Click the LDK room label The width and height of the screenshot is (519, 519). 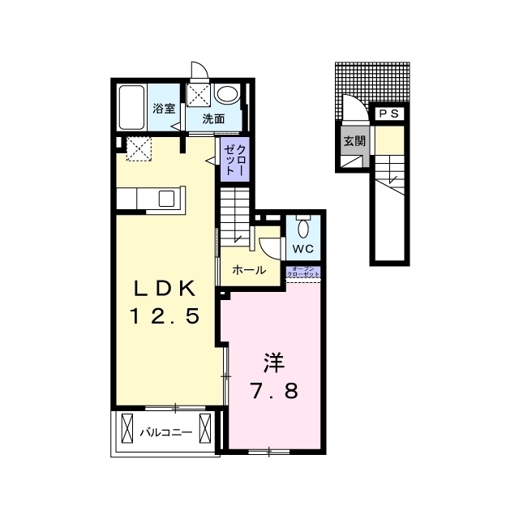(x=165, y=289)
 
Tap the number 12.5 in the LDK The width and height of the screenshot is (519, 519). (x=165, y=315)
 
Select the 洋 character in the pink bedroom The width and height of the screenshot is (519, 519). (x=274, y=362)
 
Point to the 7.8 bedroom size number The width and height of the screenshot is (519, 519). (x=274, y=390)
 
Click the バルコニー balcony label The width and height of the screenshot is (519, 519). (x=165, y=432)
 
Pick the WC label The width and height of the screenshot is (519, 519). (x=302, y=249)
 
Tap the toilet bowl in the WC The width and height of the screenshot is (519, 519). (x=302, y=228)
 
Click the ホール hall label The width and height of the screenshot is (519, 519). (x=249, y=270)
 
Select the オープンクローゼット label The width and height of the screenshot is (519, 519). (x=303, y=272)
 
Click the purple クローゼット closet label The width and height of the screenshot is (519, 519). (x=234, y=160)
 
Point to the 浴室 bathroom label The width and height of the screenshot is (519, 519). (x=164, y=108)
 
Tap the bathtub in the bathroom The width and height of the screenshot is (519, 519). (x=131, y=107)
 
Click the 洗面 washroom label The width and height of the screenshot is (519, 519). (x=213, y=118)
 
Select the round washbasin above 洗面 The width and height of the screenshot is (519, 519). (x=227, y=94)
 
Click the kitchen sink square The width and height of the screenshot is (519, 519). (x=166, y=199)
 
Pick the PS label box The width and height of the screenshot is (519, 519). (x=389, y=114)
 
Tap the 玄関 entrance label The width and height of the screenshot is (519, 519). (x=354, y=141)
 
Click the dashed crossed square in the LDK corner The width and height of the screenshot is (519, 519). (x=139, y=149)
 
